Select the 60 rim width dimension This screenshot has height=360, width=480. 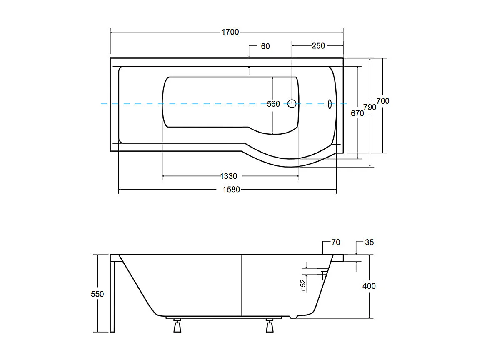265,46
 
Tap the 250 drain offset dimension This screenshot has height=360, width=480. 318,46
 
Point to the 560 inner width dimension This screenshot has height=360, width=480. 273,104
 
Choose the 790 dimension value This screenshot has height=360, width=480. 370,107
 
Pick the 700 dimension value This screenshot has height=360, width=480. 383,101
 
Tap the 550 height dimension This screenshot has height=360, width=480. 97,294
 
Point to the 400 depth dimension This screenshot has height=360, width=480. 369,286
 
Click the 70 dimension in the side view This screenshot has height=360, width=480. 336,242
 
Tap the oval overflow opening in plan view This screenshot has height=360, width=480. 330,104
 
